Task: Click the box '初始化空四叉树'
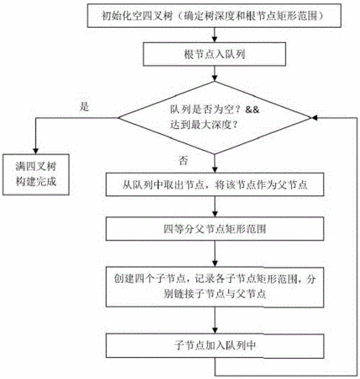[x=214, y=15]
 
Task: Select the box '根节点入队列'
[x=214, y=54]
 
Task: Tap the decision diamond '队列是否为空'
[x=214, y=118]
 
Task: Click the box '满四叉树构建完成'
[x=36, y=174]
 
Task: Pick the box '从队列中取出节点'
[x=214, y=184]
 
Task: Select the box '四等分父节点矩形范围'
[x=214, y=229]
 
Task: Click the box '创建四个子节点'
[x=214, y=287]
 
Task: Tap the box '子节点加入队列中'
[x=214, y=345]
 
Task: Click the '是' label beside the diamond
[x=84, y=107]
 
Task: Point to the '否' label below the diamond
[x=183, y=161]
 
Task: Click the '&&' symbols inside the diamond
[x=252, y=109]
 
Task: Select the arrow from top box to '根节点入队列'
[x=214, y=35]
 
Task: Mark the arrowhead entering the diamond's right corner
[x=315, y=118]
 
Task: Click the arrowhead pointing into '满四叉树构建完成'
[x=36, y=151]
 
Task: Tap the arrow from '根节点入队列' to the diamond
[x=214, y=73]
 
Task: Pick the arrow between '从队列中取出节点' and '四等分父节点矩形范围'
[x=214, y=206]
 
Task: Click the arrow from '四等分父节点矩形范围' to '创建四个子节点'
[x=214, y=254]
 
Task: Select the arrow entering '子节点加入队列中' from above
[x=214, y=320]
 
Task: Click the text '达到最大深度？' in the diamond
[x=204, y=125]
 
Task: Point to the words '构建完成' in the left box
[x=36, y=182]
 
